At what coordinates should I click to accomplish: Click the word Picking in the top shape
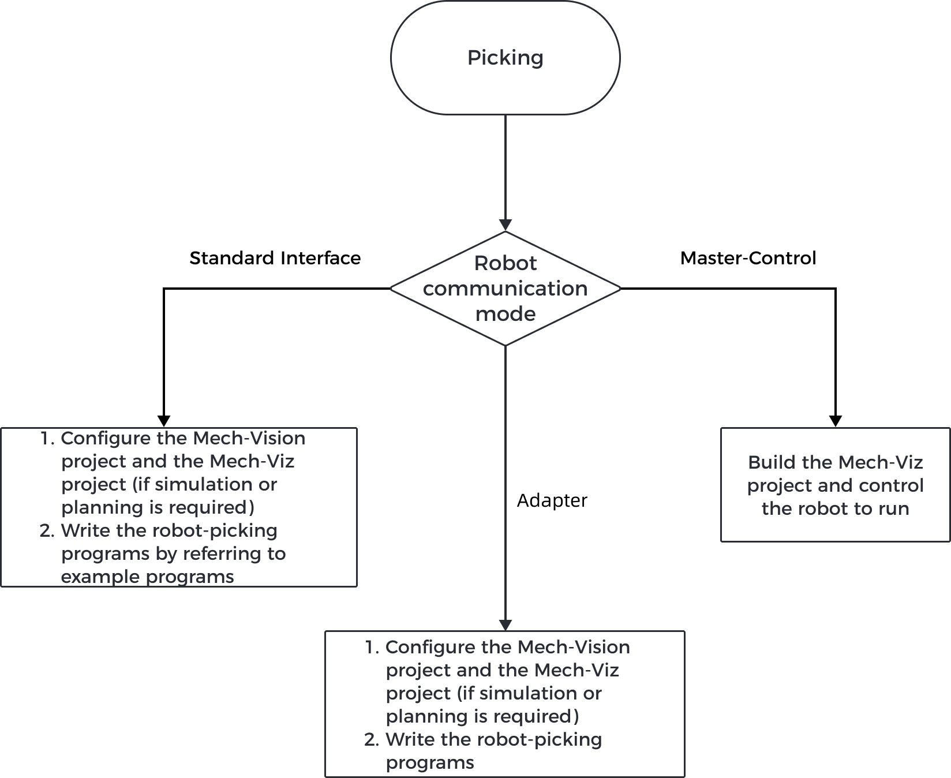tap(505, 58)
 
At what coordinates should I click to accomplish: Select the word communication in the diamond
tap(505, 288)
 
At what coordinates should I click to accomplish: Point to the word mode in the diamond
tap(505, 313)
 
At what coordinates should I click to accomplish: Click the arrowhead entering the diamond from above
tap(506, 225)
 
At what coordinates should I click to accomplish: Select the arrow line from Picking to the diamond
tap(506, 167)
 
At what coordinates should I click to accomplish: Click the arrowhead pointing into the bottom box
tap(506, 625)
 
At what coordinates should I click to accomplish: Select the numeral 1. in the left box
tap(47, 438)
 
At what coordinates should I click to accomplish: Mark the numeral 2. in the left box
tap(47, 530)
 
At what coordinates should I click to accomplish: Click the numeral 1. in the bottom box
tap(372, 647)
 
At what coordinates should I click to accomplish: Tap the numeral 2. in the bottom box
tap(372, 739)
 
